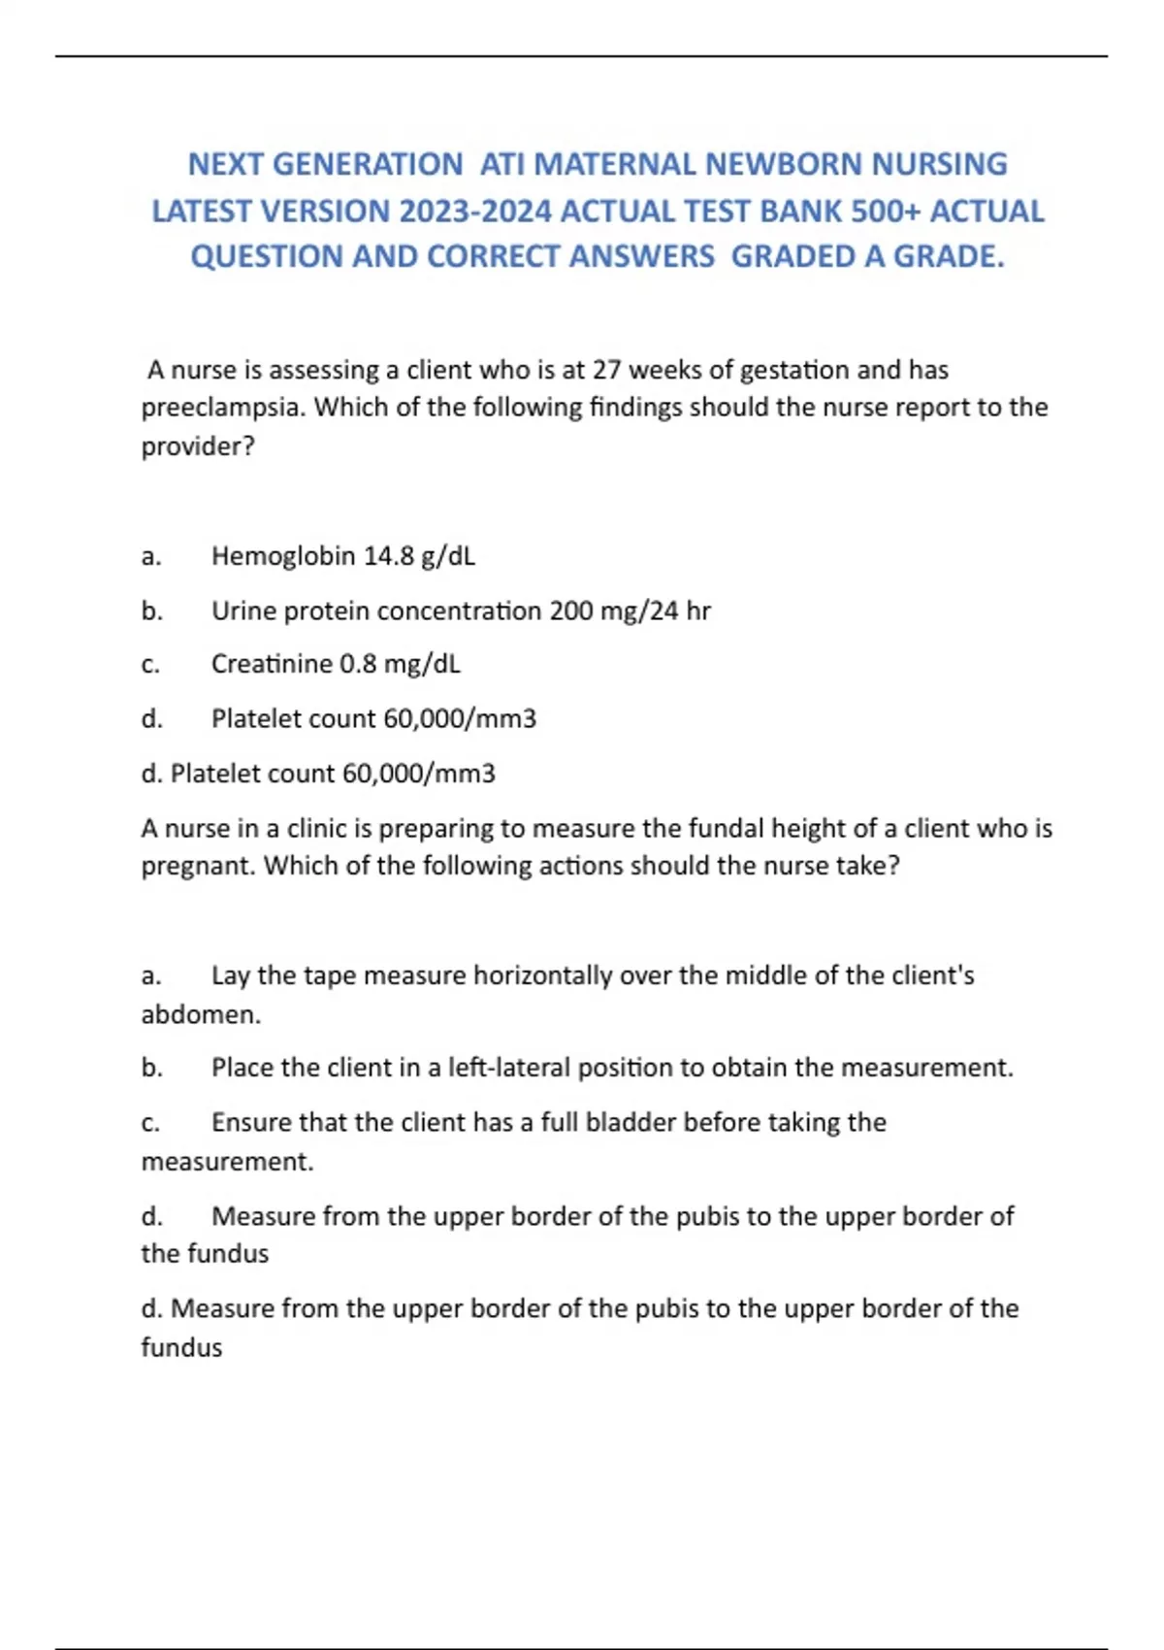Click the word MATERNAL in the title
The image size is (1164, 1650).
click(x=615, y=164)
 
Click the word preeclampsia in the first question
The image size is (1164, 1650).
click(x=223, y=407)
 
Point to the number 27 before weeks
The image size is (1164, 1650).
click(x=606, y=370)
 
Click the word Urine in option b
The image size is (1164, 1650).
click(x=242, y=610)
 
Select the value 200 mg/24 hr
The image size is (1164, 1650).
click(x=630, y=610)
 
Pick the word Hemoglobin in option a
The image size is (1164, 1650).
click(x=283, y=556)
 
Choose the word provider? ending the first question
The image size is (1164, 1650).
click(x=197, y=446)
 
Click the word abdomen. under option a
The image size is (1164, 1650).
click(x=201, y=1014)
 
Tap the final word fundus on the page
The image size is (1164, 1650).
click(x=181, y=1347)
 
